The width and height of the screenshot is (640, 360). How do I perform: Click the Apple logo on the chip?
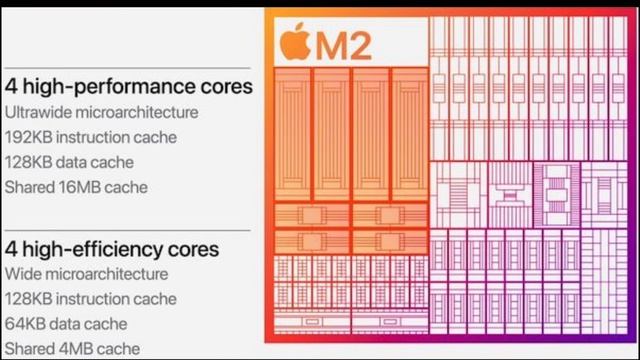pos(295,42)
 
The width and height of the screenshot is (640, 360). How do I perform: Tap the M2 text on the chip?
pos(344,46)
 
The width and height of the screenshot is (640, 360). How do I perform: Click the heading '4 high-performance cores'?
pos(129,87)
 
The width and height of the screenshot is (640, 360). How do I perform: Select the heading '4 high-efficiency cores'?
pos(112,249)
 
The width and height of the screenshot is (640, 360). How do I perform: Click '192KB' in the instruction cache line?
pos(29,138)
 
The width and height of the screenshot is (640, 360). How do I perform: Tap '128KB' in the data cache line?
pos(29,162)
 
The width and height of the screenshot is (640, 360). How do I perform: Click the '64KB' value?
pos(25,324)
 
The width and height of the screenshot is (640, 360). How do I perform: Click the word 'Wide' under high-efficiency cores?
pos(23,274)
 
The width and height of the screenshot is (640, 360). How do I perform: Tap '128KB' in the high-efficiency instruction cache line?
pos(29,299)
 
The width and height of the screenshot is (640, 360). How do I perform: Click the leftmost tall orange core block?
pos(292,134)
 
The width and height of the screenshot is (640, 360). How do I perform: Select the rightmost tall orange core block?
pos(410,134)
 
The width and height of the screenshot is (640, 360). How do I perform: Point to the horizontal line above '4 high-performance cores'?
pos(127,68)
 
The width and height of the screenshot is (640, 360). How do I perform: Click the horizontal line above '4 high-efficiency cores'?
pos(127,231)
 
